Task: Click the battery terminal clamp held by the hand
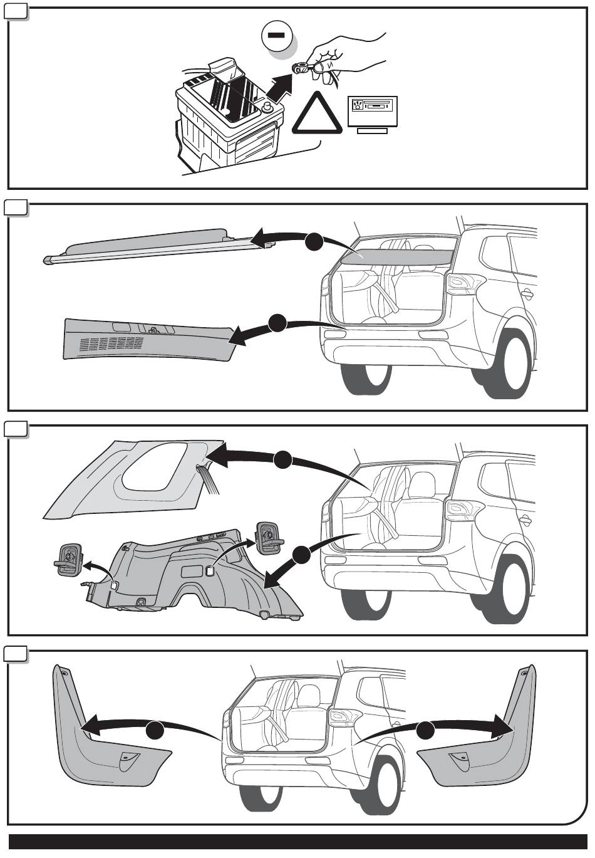point(301,67)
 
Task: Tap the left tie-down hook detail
point(68,557)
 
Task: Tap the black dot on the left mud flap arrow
point(156,731)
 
